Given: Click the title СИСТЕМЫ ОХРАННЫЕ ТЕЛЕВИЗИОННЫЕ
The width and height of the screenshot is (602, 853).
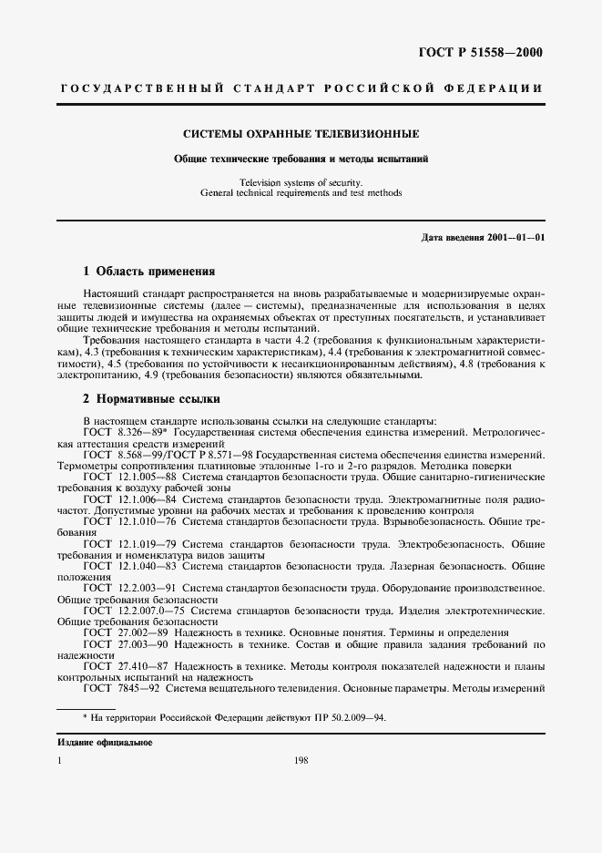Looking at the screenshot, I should (x=301, y=133).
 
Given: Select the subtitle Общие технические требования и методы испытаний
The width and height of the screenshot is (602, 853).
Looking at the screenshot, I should (x=301, y=159).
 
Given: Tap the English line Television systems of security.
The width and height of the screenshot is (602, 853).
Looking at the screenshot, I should (x=301, y=181).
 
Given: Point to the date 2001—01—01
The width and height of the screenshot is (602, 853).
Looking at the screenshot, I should (x=515, y=239).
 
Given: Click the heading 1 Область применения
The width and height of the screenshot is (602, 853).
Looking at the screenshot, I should (x=148, y=271).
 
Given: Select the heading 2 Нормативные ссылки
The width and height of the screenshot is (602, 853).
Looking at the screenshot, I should (x=150, y=399).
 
